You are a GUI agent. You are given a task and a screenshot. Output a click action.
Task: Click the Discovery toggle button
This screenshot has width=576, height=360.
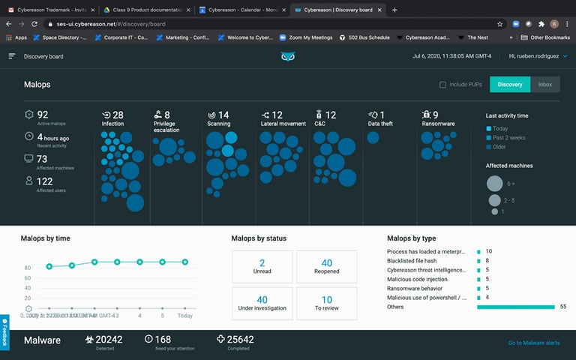tap(510, 85)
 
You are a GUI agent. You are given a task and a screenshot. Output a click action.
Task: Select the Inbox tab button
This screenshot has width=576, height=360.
tap(544, 85)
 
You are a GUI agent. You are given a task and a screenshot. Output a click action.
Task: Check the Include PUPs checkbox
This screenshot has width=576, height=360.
tap(443, 85)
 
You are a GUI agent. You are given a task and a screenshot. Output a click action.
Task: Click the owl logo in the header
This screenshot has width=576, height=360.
tap(288, 56)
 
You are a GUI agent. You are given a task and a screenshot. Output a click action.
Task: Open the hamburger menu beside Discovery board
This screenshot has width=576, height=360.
tap(12, 56)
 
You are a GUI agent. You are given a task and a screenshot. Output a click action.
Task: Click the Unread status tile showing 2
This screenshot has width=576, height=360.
tap(262, 267)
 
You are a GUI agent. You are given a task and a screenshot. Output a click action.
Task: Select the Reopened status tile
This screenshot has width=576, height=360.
tap(326, 267)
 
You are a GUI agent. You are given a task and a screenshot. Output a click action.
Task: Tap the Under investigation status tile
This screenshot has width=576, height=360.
tap(262, 304)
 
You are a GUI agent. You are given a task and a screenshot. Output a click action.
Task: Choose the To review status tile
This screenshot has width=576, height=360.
tap(326, 304)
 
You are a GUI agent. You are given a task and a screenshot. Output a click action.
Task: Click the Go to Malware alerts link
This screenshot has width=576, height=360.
tap(533, 343)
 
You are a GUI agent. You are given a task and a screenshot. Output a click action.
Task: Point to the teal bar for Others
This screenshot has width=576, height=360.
tap(516, 307)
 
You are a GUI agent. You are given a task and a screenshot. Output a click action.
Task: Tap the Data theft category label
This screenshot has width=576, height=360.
tap(380, 124)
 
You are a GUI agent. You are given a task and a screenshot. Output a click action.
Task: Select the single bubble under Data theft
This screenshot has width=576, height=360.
tap(373, 137)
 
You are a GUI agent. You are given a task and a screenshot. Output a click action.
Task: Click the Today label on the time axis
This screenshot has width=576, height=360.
tap(184, 316)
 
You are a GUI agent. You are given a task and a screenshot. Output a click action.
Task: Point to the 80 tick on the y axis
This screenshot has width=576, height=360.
tap(28, 267)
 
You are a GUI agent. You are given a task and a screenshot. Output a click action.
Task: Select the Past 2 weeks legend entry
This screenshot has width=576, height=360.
tap(508, 138)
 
